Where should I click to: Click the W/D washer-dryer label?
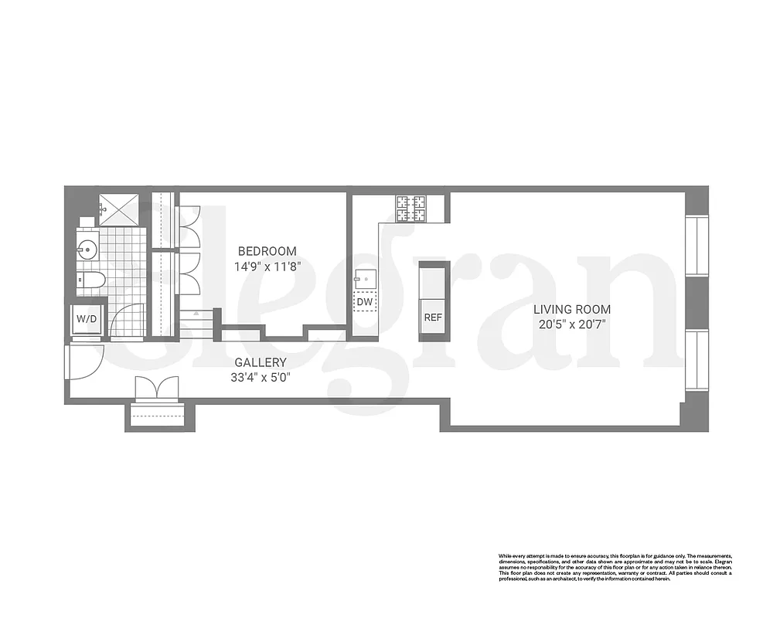[86, 319]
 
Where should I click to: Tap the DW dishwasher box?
[364, 302]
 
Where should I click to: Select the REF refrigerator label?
[433, 317]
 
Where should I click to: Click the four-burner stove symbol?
[411, 207]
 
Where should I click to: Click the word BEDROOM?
[267, 251]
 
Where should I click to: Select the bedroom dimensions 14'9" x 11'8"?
[267, 267]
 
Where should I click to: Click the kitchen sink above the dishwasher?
[364, 277]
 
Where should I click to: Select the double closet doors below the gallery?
[157, 387]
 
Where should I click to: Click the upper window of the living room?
[696, 245]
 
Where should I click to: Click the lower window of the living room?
[696, 360]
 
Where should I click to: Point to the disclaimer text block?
[615, 567]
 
